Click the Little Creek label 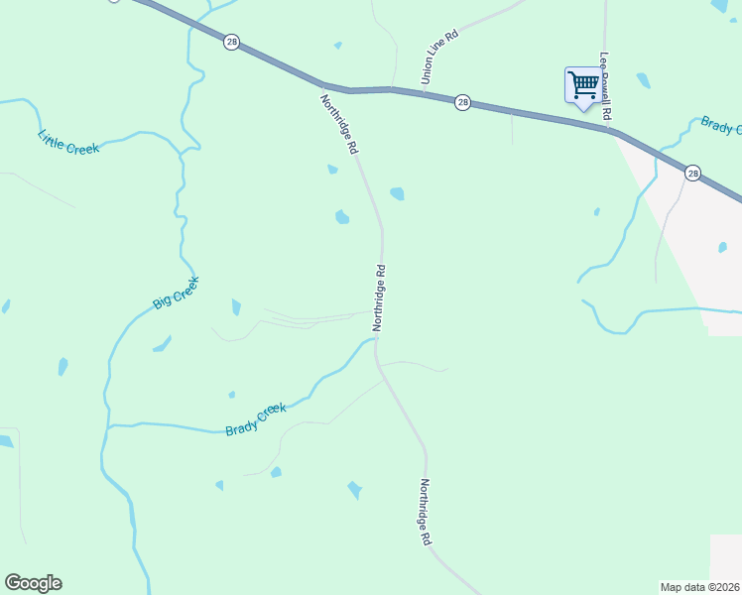pyautogui.click(x=69, y=142)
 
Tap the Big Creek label pyautogui.click(x=177, y=293)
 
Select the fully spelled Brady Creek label pyautogui.click(x=256, y=419)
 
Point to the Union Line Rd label pyautogui.click(x=439, y=57)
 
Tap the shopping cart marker pyautogui.click(x=582, y=84)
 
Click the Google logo pyautogui.click(x=33, y=583)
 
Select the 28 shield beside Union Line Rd pyautogui.click(x=462, y=102)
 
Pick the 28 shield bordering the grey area pyautogui.click(x=692, y=174)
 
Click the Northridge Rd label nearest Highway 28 pyautogui.click(x=338, y=124)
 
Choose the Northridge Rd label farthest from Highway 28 pyautogui.click(x=425, y=512)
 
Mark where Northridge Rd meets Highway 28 pyautogui.click(x=324, y=85)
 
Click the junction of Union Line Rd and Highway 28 pyautogui.click(x=425, y=93)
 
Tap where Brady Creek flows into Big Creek pyautogui.click(x=107, y=426)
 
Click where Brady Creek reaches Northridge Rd pyautogui.click(x=376, y=340)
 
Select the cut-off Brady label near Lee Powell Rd pyautogui.click(x=721, y=126)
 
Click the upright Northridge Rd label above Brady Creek pyautogui.click(x=379, y=297)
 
